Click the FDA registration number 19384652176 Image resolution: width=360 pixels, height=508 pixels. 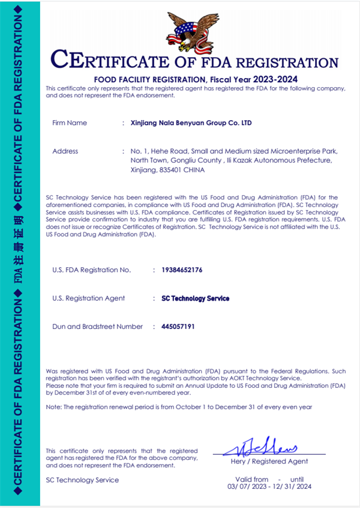click(182, 270)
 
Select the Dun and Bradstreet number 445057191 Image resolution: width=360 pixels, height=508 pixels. click(179, 327)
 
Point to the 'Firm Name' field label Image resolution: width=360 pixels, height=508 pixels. click(70, 122)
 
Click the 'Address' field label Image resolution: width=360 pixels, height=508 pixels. click(65, 151)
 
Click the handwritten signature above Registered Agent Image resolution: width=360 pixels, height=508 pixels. click(269, 446)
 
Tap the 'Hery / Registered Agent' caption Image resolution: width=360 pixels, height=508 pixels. click(269, 461)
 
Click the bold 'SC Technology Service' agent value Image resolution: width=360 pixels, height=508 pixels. click(195, 298)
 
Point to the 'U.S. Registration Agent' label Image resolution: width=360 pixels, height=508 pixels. click(89, 298)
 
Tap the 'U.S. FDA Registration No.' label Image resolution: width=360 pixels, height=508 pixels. click(91, 270)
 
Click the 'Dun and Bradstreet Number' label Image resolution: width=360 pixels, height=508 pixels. click(98, 327)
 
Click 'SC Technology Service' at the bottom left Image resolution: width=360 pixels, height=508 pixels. click(82, 480)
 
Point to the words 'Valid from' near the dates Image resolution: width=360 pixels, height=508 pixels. click(252, 479)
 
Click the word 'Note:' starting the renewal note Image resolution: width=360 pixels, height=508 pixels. click(54, 407)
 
